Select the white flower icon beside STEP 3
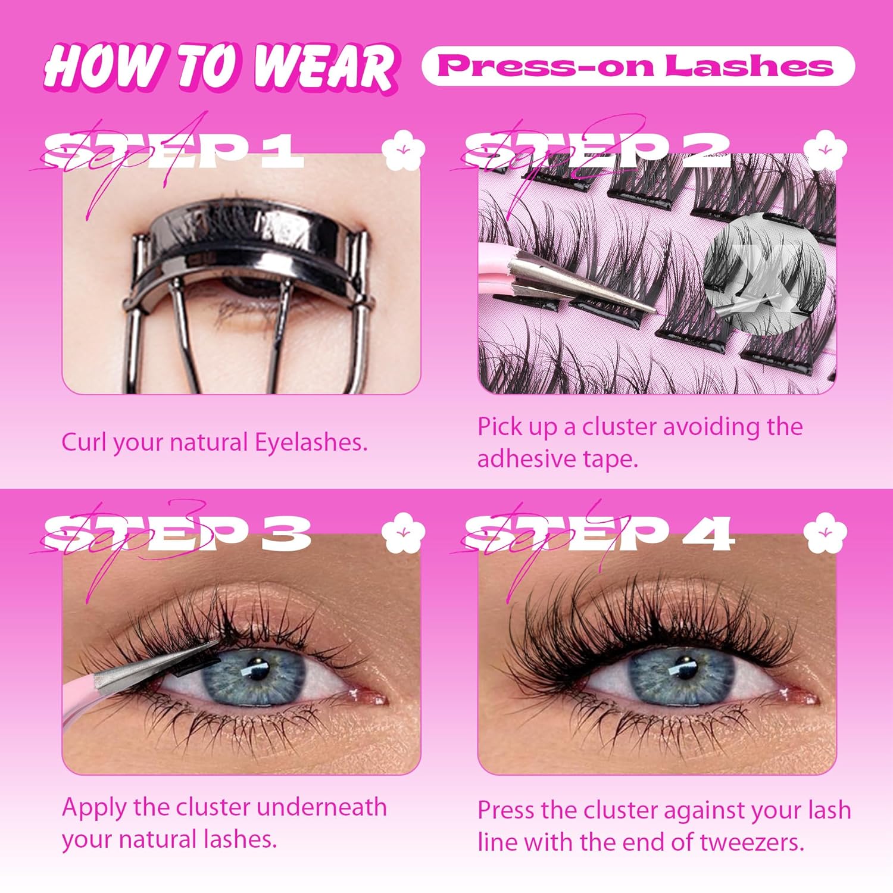404,532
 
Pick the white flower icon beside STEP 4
825,532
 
